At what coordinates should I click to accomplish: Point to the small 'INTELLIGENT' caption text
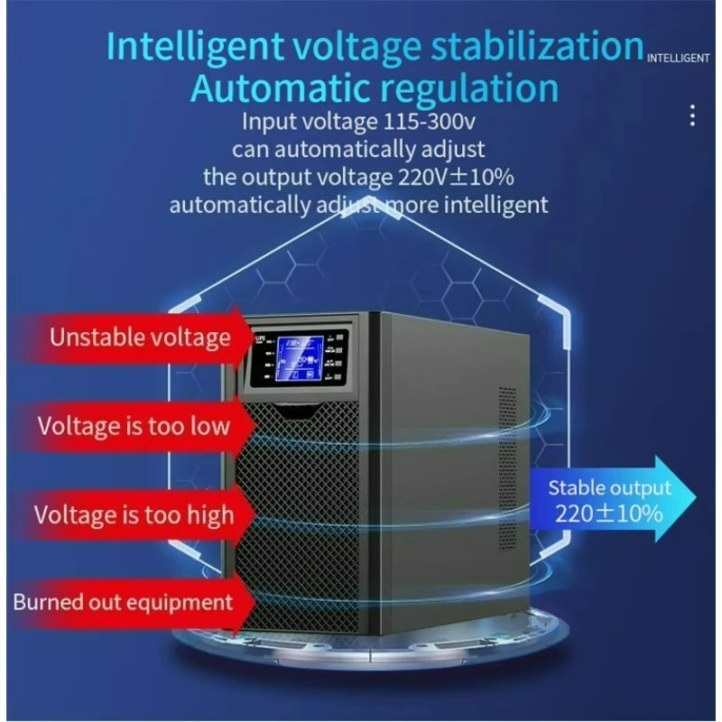pyautogui.click(x=679, y=59)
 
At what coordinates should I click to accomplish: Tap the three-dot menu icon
pyautogui.click(x=692, y=116)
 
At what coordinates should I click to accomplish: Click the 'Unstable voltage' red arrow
pyautogui.click(x=140, y=338)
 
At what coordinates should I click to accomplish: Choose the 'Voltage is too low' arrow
pyautogui.click(x=134, y=426)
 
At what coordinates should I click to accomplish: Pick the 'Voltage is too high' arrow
pyautogui.click(x=134, y=514)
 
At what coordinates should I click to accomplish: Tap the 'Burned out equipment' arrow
pyautogui.click(x=122, y=602)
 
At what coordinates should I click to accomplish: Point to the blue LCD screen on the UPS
pyautogui.click(x=301, y=358)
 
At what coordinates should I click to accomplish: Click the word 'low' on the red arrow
pyautogui.click(x=208, y=426)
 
